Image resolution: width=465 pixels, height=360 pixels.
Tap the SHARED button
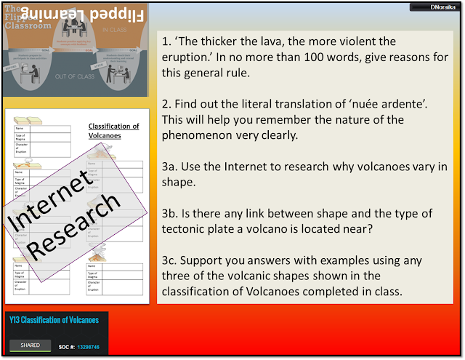click(31, 345)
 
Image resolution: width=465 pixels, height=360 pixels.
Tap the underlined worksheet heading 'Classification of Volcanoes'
click(113, 130)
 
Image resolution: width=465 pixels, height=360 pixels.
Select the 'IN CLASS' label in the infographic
click(115, 30)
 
